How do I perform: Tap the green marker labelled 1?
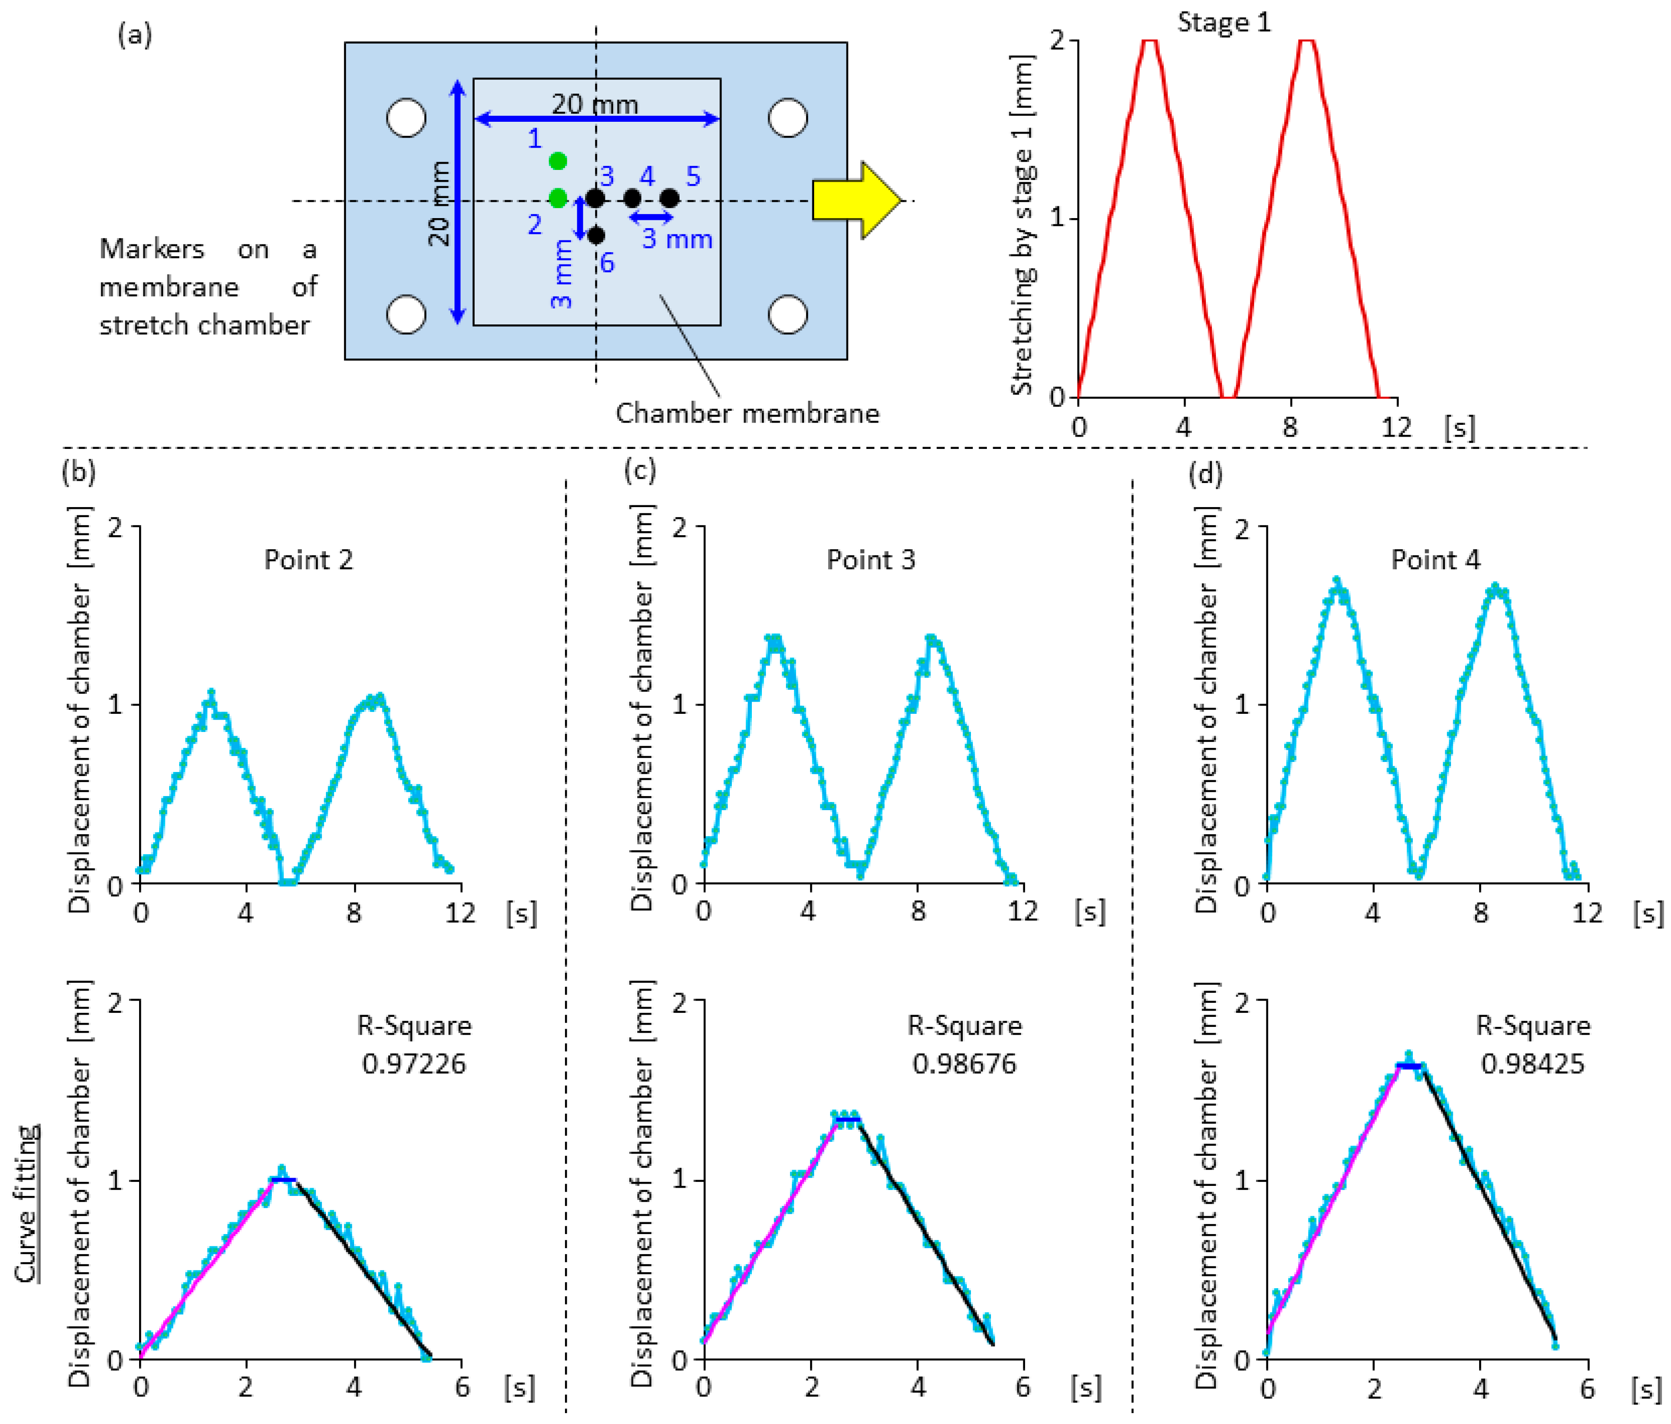[557, 161]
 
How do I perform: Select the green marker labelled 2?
[557, 198]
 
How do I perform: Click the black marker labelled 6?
[596, 235]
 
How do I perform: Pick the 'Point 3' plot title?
[871, 560]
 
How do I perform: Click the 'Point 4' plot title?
[1436, 560]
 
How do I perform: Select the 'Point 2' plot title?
[309, 560]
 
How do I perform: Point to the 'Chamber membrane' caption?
[747, 413]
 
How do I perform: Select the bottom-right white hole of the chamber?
[788, 314]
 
